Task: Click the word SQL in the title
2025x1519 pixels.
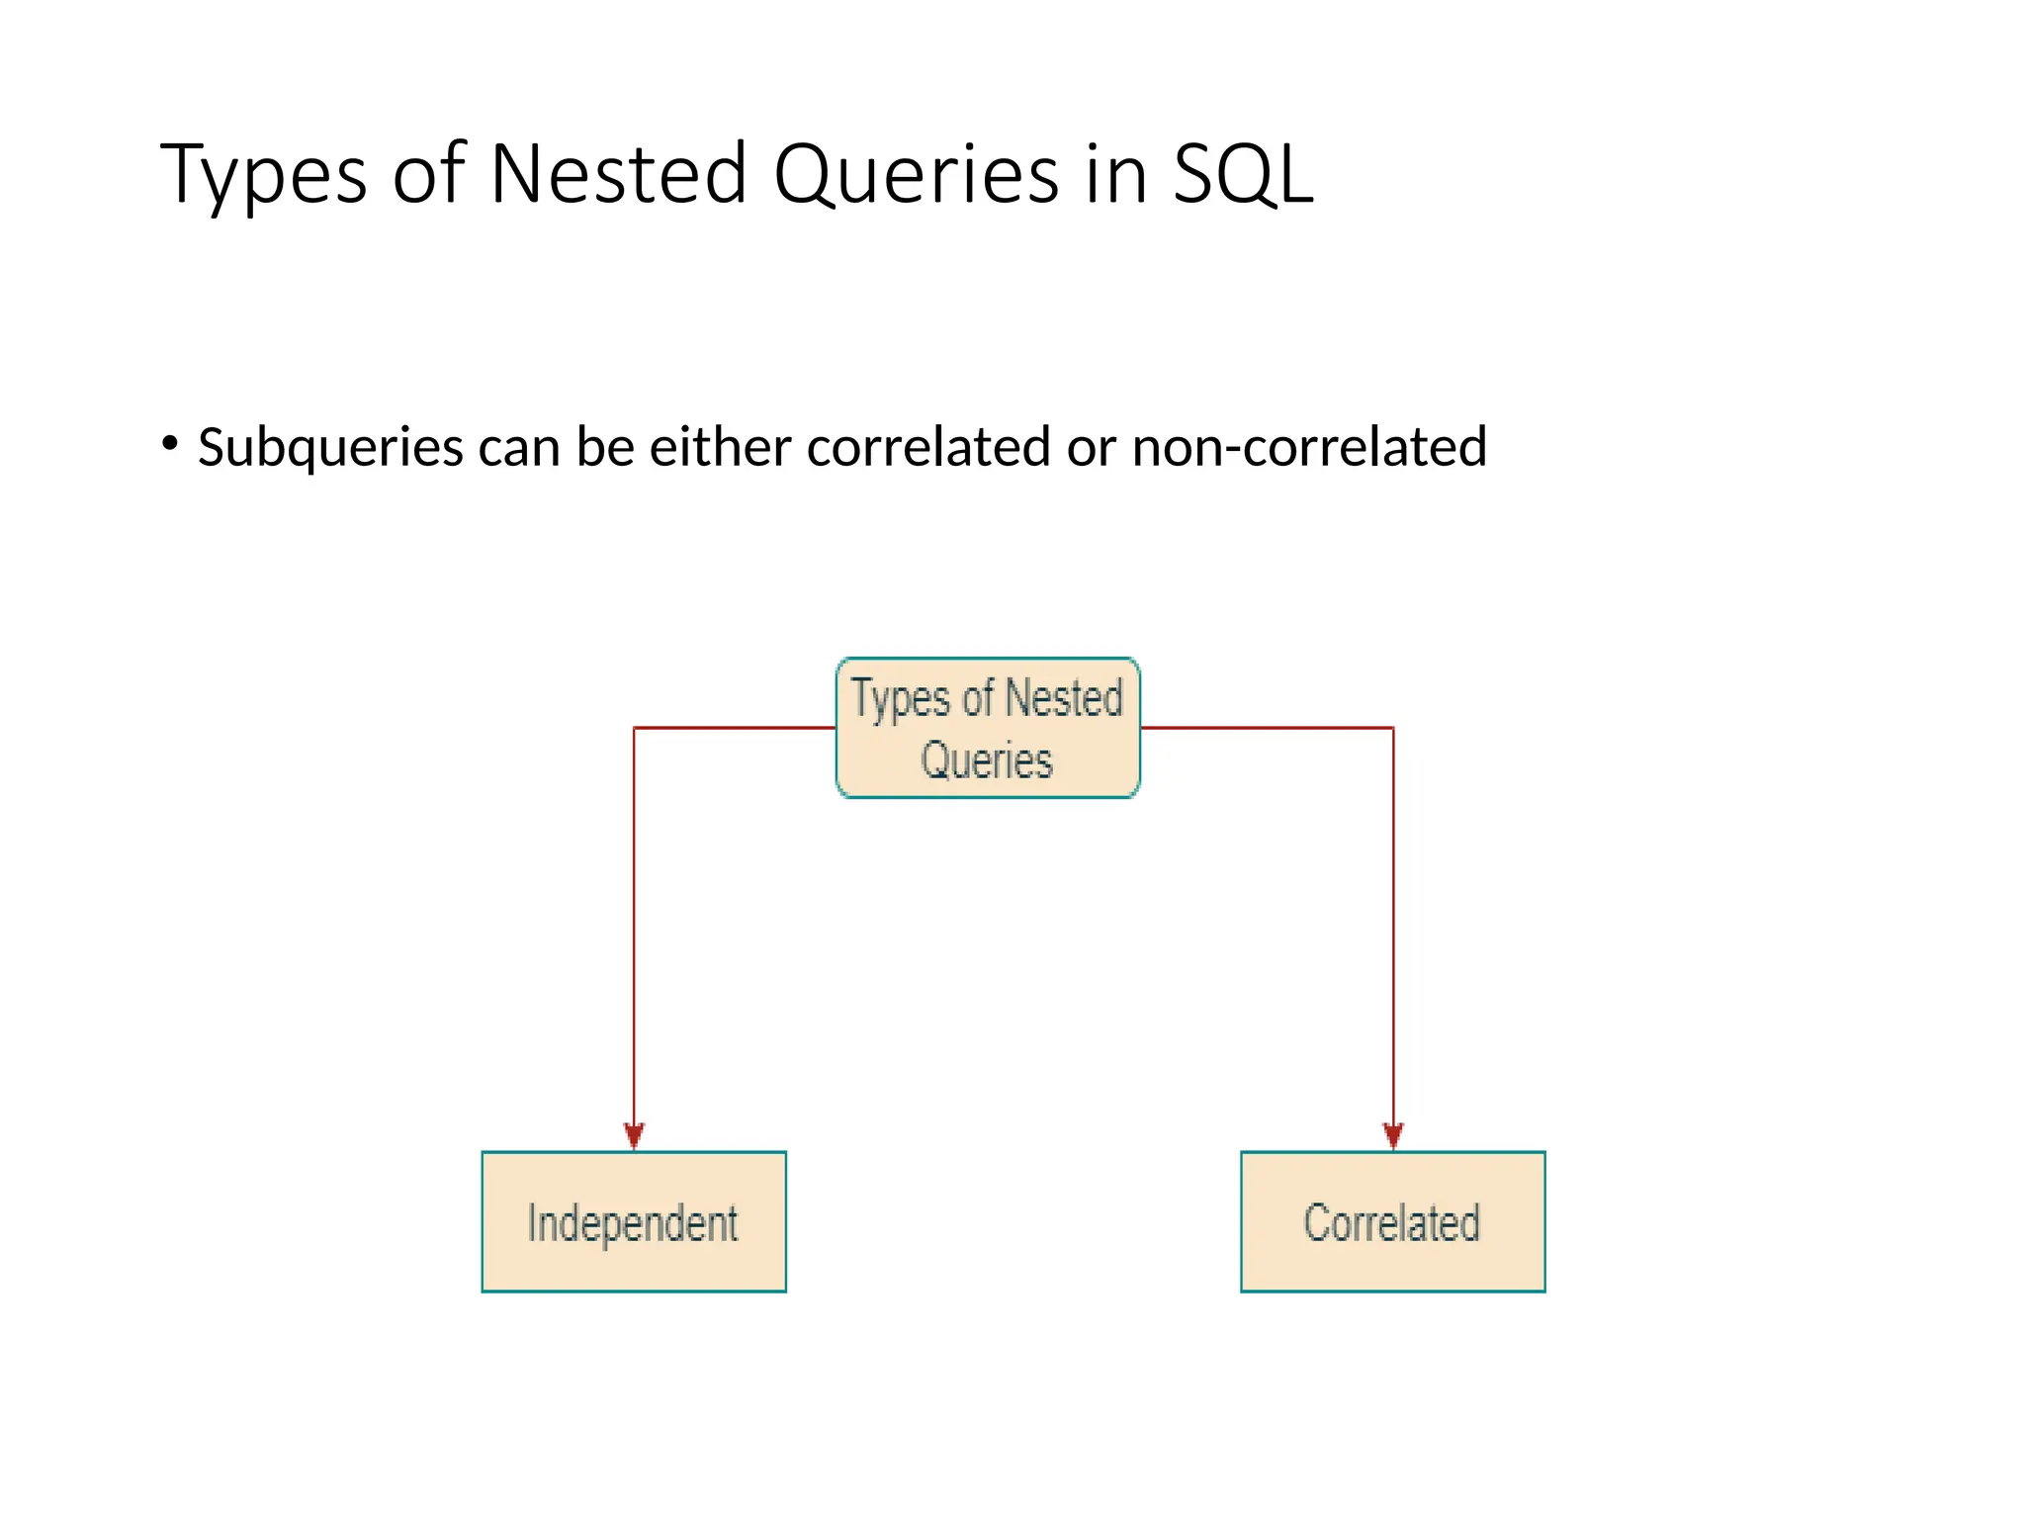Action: click(x=1243, y=175)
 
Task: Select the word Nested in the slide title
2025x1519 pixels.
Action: click(x=618, y=175)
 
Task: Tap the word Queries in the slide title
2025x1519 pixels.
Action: click(x=917, y=175)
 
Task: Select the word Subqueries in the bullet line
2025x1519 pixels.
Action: click(x=330, y=448)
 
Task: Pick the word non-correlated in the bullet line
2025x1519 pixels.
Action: click(x=1308, y=447)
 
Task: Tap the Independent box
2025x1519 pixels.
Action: click(x=634, y=1221)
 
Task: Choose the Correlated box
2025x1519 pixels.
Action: click(x=1392, y=1221)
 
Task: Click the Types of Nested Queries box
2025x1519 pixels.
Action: click(x=988, y=728)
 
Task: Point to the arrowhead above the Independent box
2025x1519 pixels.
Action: click(x=634, y=1135)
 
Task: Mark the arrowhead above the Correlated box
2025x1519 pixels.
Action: click(x=1393, y=1135)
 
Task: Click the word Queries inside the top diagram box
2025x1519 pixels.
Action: click(x=987, y=760)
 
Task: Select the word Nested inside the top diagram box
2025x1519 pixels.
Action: click(x=1064, y=697)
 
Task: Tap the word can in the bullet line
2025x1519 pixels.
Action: click(x=519, y=447)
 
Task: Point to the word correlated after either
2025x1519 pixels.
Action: click(x=927, y=447)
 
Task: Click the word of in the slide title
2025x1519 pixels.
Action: click(x=428, y=175)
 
